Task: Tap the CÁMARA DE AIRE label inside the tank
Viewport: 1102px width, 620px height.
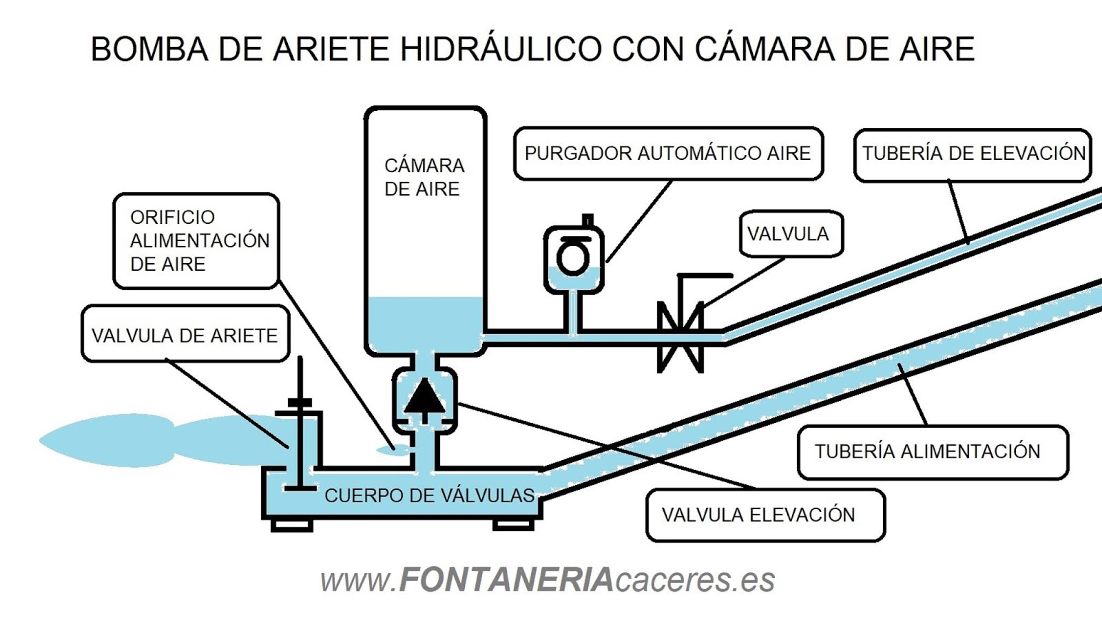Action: pyautogui.click(x=424, y=177)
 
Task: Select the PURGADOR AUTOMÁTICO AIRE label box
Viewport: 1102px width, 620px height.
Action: pyautogui.click(x=668, y=154)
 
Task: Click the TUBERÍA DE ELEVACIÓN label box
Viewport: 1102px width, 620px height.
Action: pyautogui.click(x=973, y=154)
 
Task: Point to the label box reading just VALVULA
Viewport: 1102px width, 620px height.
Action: pyautogui.click(x=790, y=234)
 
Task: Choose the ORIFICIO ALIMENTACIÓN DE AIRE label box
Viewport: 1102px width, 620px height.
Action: pyautogui.click(x=197, y=240)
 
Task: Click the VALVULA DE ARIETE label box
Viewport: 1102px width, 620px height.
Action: pyautogui.click(x=185, y=335)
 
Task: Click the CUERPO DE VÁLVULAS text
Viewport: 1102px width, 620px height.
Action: pyautogui.click(x=429, y=495)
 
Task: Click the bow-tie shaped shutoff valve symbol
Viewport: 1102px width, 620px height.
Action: pyautogui.click(x=680, y=337)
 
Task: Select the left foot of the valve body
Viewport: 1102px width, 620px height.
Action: pyautogui.click(x=291, y=525)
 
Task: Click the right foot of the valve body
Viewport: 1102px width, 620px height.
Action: pyautogui.click(x=514, y=525)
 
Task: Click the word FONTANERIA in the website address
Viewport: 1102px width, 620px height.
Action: pyautogui.click(x=506, y=579)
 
